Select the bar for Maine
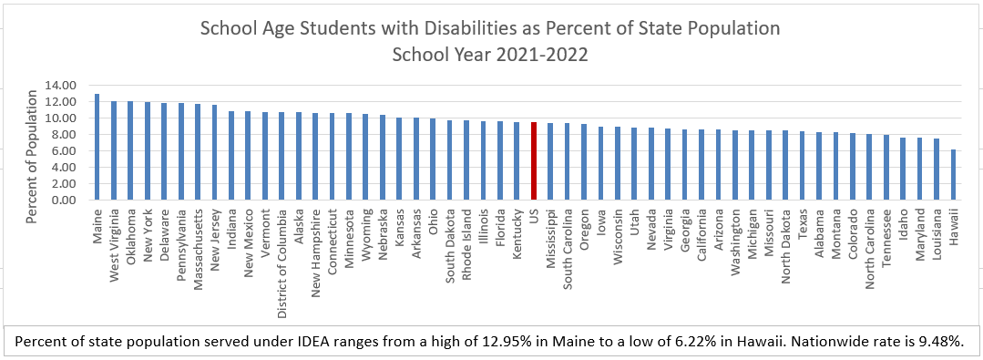(97, 147)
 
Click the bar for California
(701, 165)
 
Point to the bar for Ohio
(433, 159)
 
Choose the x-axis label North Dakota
(785, 246)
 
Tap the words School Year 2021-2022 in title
(490, 54)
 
